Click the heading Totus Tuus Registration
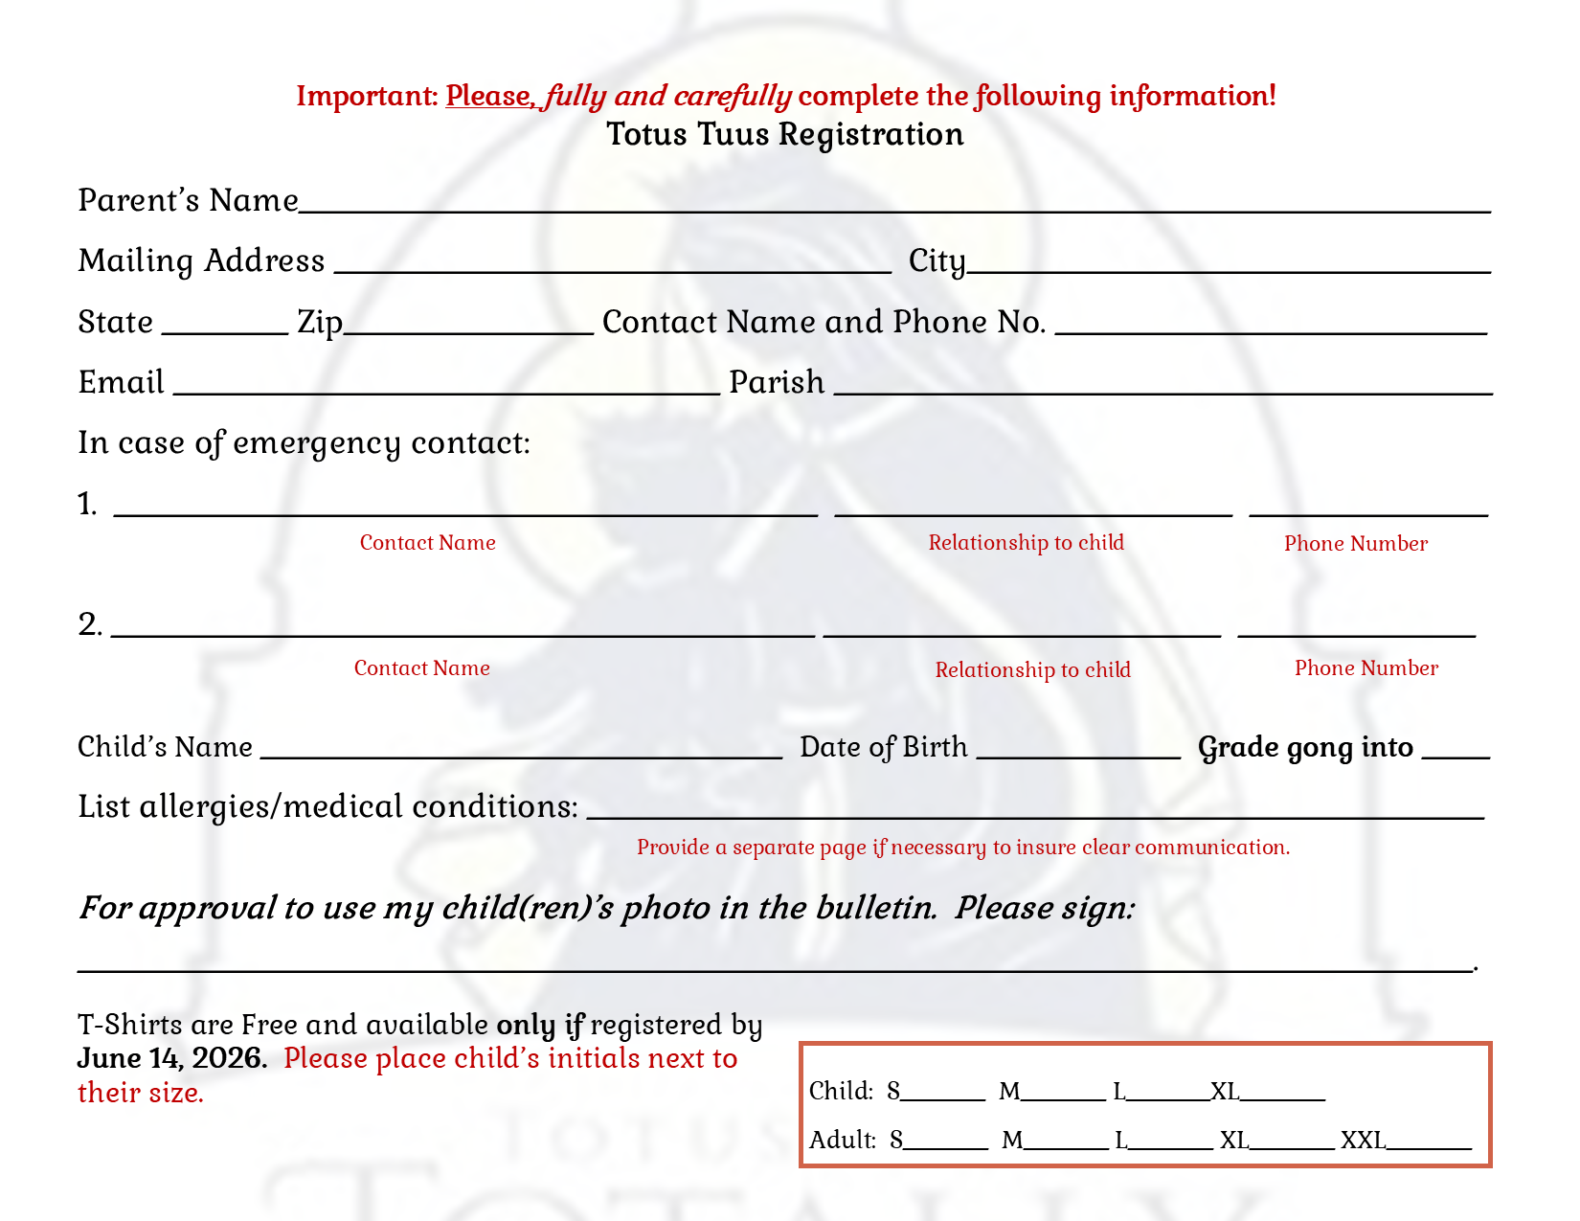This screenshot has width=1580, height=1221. click(x=785, y=134)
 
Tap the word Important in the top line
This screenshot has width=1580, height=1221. click(x=367, y=96)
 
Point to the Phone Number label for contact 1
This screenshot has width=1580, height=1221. click(x=1355, y=544)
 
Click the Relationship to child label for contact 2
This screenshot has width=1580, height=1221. click(x=1032, y=669)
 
